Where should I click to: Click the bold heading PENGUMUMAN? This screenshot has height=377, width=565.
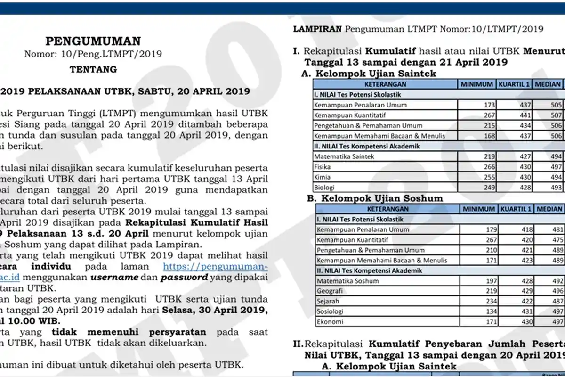point(93,41)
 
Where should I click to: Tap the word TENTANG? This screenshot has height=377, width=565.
point(93,69)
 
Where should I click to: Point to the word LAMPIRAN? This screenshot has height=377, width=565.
point(317,29)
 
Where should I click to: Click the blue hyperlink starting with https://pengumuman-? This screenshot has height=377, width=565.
point(216,266)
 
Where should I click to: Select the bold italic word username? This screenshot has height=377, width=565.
point(115,277)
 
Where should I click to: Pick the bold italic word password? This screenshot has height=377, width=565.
point(184,277)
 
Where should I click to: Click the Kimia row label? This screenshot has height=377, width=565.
point(322,177)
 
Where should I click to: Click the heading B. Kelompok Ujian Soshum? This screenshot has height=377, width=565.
point(375,198)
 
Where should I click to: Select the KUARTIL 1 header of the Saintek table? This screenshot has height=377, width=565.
point(515,84)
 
